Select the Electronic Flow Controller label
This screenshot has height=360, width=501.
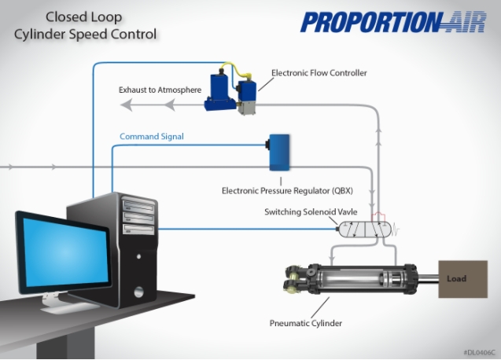[x=319, y=73]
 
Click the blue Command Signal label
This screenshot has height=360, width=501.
[x=152, y=137]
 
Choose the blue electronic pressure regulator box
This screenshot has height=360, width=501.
[x=279, y=152]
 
